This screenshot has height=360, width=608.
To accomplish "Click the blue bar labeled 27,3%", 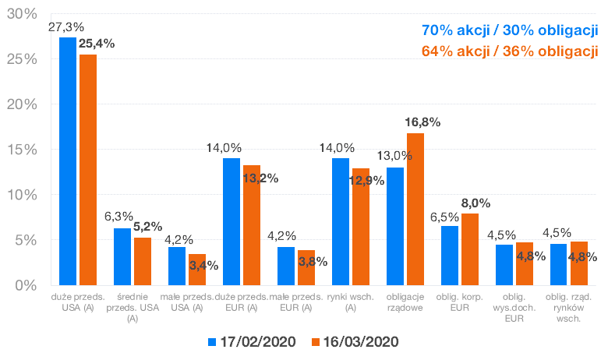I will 68,161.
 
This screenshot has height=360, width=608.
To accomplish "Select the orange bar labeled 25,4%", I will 87,169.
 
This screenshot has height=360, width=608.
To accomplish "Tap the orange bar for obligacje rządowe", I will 415,209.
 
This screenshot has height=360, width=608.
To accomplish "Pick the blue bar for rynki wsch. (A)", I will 341,221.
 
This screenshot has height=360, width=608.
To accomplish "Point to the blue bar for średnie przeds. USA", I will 122,256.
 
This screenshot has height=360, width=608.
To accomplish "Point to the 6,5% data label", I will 445,216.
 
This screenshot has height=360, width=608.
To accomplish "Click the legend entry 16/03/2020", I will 355,342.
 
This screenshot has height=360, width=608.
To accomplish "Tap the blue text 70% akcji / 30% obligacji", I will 509,31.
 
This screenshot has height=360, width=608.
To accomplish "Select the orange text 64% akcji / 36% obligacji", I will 509,52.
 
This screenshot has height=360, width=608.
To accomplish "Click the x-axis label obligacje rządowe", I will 405,302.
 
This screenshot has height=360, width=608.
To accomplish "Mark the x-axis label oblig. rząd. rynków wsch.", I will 567,307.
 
